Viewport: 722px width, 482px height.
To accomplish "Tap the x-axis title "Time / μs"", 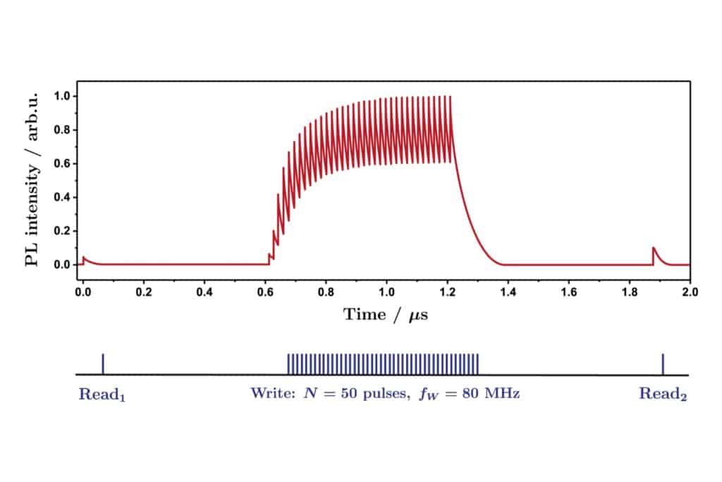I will click(386, 315).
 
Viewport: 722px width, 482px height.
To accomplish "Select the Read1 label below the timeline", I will click(102, 394).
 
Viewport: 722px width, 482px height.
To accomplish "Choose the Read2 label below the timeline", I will click(663, 394).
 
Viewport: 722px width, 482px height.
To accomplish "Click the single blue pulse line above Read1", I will click(103, 363).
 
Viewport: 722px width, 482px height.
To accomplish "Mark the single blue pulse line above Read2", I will click(663, 363).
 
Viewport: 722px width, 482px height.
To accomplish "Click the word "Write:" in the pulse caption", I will click(271, 394).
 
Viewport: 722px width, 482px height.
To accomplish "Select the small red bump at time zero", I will click(84, 259).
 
